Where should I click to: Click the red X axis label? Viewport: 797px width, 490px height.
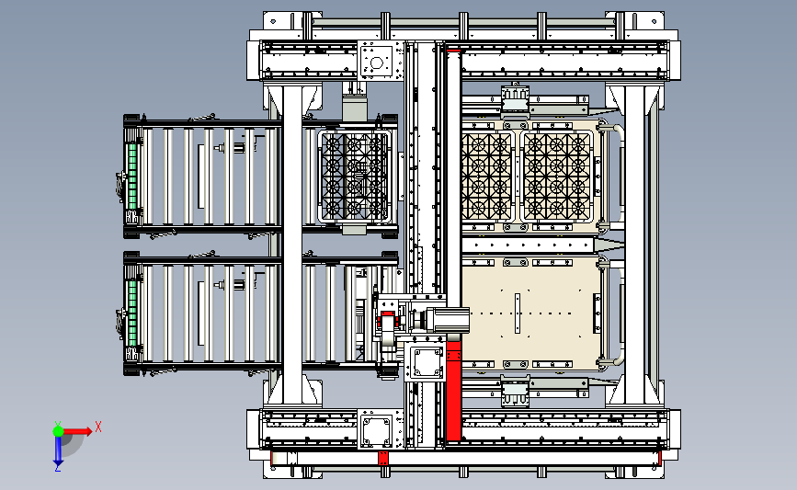pos(97,426)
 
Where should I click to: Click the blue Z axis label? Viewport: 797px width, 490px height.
pos(57,467)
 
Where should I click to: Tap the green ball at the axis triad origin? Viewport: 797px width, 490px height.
pos(58,429)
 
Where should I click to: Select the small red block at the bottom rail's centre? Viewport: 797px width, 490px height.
pos(383,457)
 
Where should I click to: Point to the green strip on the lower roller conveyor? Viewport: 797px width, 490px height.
pos(131,308)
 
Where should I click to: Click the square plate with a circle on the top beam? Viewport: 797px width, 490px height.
pos(376,62)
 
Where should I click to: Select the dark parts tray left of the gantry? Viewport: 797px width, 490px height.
pos(354,175)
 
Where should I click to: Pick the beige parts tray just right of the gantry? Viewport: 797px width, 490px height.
pos(487,175)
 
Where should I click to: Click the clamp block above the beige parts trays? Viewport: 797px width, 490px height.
pos(515,97)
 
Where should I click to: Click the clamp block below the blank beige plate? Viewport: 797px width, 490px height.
pos(515,391)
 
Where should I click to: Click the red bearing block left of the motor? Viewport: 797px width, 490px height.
pos(387,323)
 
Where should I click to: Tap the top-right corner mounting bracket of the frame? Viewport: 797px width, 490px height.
pos(635,21)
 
